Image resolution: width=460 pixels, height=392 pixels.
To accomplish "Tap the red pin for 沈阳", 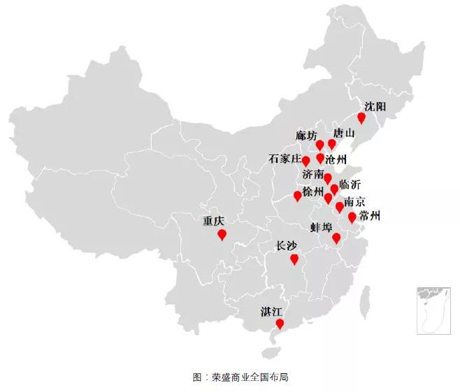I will pyautogui.click(x=361, y=117).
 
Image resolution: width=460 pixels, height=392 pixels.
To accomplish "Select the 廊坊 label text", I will pyautogui.click(x=306, y=135).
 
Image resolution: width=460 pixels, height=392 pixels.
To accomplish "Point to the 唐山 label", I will pyautogui.click(x=344, y=133).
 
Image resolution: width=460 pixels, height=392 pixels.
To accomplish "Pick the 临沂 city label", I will pyautogui.click(x=350, y=185).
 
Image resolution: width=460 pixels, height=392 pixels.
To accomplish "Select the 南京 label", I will pyautogui.click(x=354, y=202).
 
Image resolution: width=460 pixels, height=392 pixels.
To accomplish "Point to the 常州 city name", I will pyautogui.click(x=369, y=215).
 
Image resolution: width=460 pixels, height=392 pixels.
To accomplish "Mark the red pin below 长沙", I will pyautogui.click(x=295, y=260).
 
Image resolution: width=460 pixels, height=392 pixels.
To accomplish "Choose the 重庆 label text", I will pyautogui.click(x=214, y=221).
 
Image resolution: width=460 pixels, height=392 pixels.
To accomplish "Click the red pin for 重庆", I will pyautogui.click(x=222, y=234).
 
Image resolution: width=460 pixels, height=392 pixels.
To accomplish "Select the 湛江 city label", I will pyautogui.click(x=272, y=310).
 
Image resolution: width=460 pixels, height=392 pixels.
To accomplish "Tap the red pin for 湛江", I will pyautogui.click(x=280, y=324).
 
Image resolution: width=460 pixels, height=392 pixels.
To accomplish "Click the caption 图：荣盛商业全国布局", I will pyautogui.click(x=230, y=377).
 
